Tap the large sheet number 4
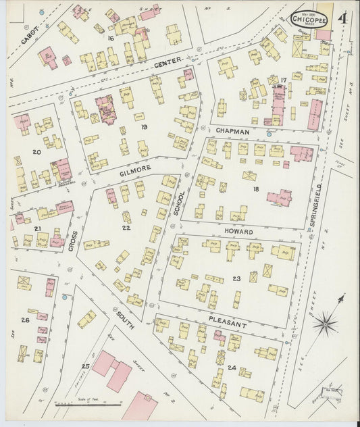click(344, 17)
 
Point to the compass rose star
click(326, 322)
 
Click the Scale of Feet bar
click(88, 404)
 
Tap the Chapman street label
click(234, 130)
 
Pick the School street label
click(179, 201)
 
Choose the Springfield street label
click(313, 212)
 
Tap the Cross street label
click(73, 241)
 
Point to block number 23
click(236, 278)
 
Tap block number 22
click(125, 228)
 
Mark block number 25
click(85, 366)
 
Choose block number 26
click(25, 320)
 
